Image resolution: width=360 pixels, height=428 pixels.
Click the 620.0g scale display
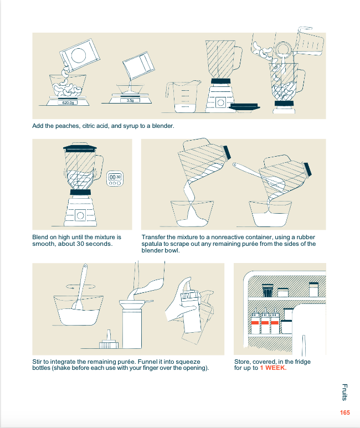coord(68,102)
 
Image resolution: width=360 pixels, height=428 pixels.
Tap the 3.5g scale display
coord(130,100)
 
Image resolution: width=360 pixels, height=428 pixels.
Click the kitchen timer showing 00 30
coord(115,179)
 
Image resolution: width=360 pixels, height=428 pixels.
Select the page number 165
coord(344,412)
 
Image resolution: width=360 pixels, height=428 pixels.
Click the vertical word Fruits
coord(344,392)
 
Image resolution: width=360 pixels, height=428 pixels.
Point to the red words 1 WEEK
coord(273,368)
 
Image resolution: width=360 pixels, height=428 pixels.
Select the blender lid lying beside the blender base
coord(244,107)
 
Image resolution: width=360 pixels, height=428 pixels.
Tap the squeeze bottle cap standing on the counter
coord(109,340)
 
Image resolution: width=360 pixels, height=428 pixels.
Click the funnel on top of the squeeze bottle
coord(133,303)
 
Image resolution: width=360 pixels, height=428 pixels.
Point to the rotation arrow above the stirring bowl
coord(81,286)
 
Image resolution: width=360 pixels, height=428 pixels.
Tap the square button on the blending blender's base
coord(80,215)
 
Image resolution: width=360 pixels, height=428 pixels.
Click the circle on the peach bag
coord(79,55)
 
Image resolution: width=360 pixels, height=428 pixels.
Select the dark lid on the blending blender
coord(80,148)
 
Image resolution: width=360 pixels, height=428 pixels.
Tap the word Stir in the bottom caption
coord(37,362)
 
